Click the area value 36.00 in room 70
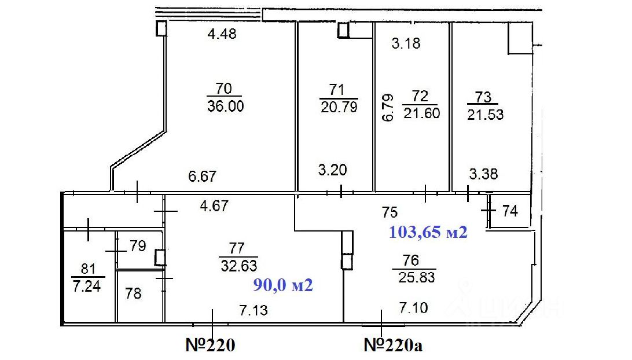tap(224, 106)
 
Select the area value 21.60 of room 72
tap(422, 113)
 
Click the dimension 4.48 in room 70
tap(222, 34)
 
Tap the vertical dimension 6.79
tap(388, 107)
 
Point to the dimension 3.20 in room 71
tap(333, 170)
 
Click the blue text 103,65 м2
tap(428, 233)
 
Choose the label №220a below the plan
tap(394, 346)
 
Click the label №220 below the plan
tap(210, 346)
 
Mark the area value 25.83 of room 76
tap(416, 277)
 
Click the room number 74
tap(509, 211)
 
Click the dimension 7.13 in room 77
tap(253, 310)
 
